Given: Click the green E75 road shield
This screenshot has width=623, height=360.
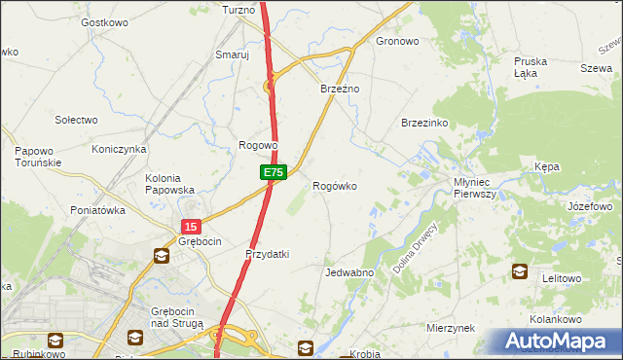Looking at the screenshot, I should (274, 172).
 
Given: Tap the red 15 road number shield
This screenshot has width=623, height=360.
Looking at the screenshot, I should (189, 226).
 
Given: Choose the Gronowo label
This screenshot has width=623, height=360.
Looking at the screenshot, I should (397, 42).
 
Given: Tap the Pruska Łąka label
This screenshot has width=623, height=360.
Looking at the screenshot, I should (531, 67).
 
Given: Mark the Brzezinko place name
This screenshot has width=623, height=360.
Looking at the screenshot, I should (423, 123).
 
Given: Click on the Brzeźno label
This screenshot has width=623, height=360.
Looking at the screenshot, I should (341, 89).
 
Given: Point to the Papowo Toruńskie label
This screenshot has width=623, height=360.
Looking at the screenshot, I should (38, 157).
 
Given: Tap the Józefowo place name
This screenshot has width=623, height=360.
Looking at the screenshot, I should (590, 206).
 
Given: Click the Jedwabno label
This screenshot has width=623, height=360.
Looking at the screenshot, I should (349, 273).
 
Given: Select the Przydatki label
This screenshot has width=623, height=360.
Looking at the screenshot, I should (268, 254).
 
